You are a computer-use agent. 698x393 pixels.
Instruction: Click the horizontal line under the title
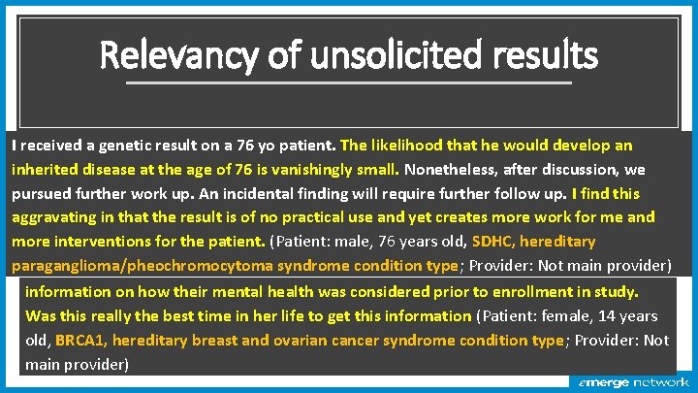coord(349,82)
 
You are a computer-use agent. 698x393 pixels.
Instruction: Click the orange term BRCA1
coord(81,341)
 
